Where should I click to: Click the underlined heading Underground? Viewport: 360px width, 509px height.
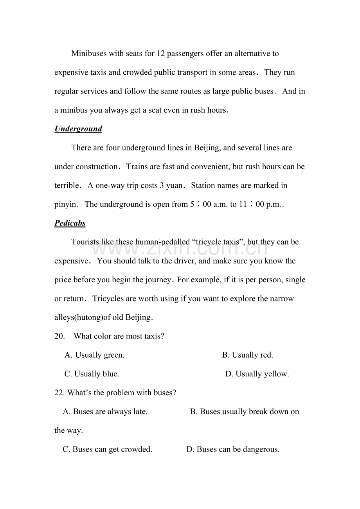(x=78, y=129)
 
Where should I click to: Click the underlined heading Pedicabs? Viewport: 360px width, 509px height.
(x=70, y=223)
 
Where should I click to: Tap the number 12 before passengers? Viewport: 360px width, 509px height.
(x=160, y=54)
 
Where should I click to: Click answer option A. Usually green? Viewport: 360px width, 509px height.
(x=95, y=355)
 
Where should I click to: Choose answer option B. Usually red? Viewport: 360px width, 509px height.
(x=248, y=355)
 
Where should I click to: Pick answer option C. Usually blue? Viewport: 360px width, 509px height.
(x=92, y=374)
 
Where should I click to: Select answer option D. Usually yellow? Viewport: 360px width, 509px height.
(x=257, y=374)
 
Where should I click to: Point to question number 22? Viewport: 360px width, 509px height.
(x=59, y=393)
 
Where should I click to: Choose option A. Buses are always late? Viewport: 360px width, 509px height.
(x=105, y=412)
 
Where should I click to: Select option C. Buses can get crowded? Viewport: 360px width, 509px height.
(x=108, y=450)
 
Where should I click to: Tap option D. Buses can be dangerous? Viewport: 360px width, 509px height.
(x=233, y=450)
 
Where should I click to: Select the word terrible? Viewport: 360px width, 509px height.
(x=67, y=185)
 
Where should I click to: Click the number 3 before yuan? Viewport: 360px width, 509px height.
(x=162, y=185)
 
